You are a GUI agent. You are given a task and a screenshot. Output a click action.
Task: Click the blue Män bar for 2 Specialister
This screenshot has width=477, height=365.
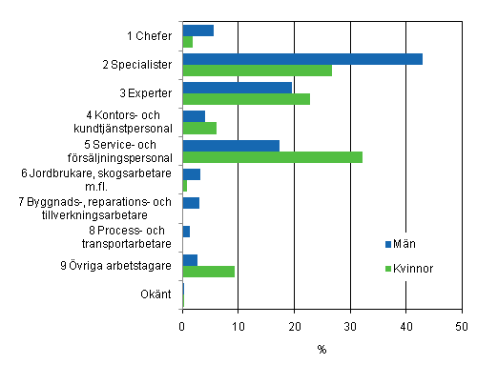pos(301,59)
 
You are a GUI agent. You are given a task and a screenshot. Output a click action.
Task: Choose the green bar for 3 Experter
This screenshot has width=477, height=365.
pos(246,99)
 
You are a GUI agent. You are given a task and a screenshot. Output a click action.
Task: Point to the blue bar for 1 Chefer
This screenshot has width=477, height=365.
pos(197,30)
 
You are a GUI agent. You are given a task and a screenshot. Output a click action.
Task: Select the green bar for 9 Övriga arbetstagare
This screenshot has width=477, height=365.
pos(208,272)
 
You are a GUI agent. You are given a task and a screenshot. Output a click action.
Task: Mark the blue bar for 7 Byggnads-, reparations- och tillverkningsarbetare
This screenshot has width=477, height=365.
pos(191,203)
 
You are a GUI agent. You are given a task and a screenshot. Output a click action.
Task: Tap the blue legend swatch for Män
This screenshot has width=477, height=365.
pos(388,243)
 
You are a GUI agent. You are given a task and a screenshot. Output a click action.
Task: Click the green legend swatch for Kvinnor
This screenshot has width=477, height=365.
pos(388,269)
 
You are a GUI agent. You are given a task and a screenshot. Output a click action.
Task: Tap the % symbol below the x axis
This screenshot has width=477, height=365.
pos(321,350)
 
